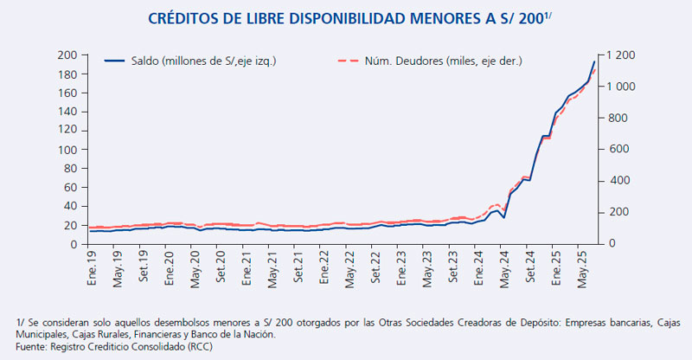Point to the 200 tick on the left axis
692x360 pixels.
pyautogui.click(x=67, y=55)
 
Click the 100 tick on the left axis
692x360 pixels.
pyautogui.click(x=67, y=150)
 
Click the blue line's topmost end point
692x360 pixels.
pyautogui.click(x=595, y=61)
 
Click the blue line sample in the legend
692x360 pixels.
pyautogui.click(x=114, y=61)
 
